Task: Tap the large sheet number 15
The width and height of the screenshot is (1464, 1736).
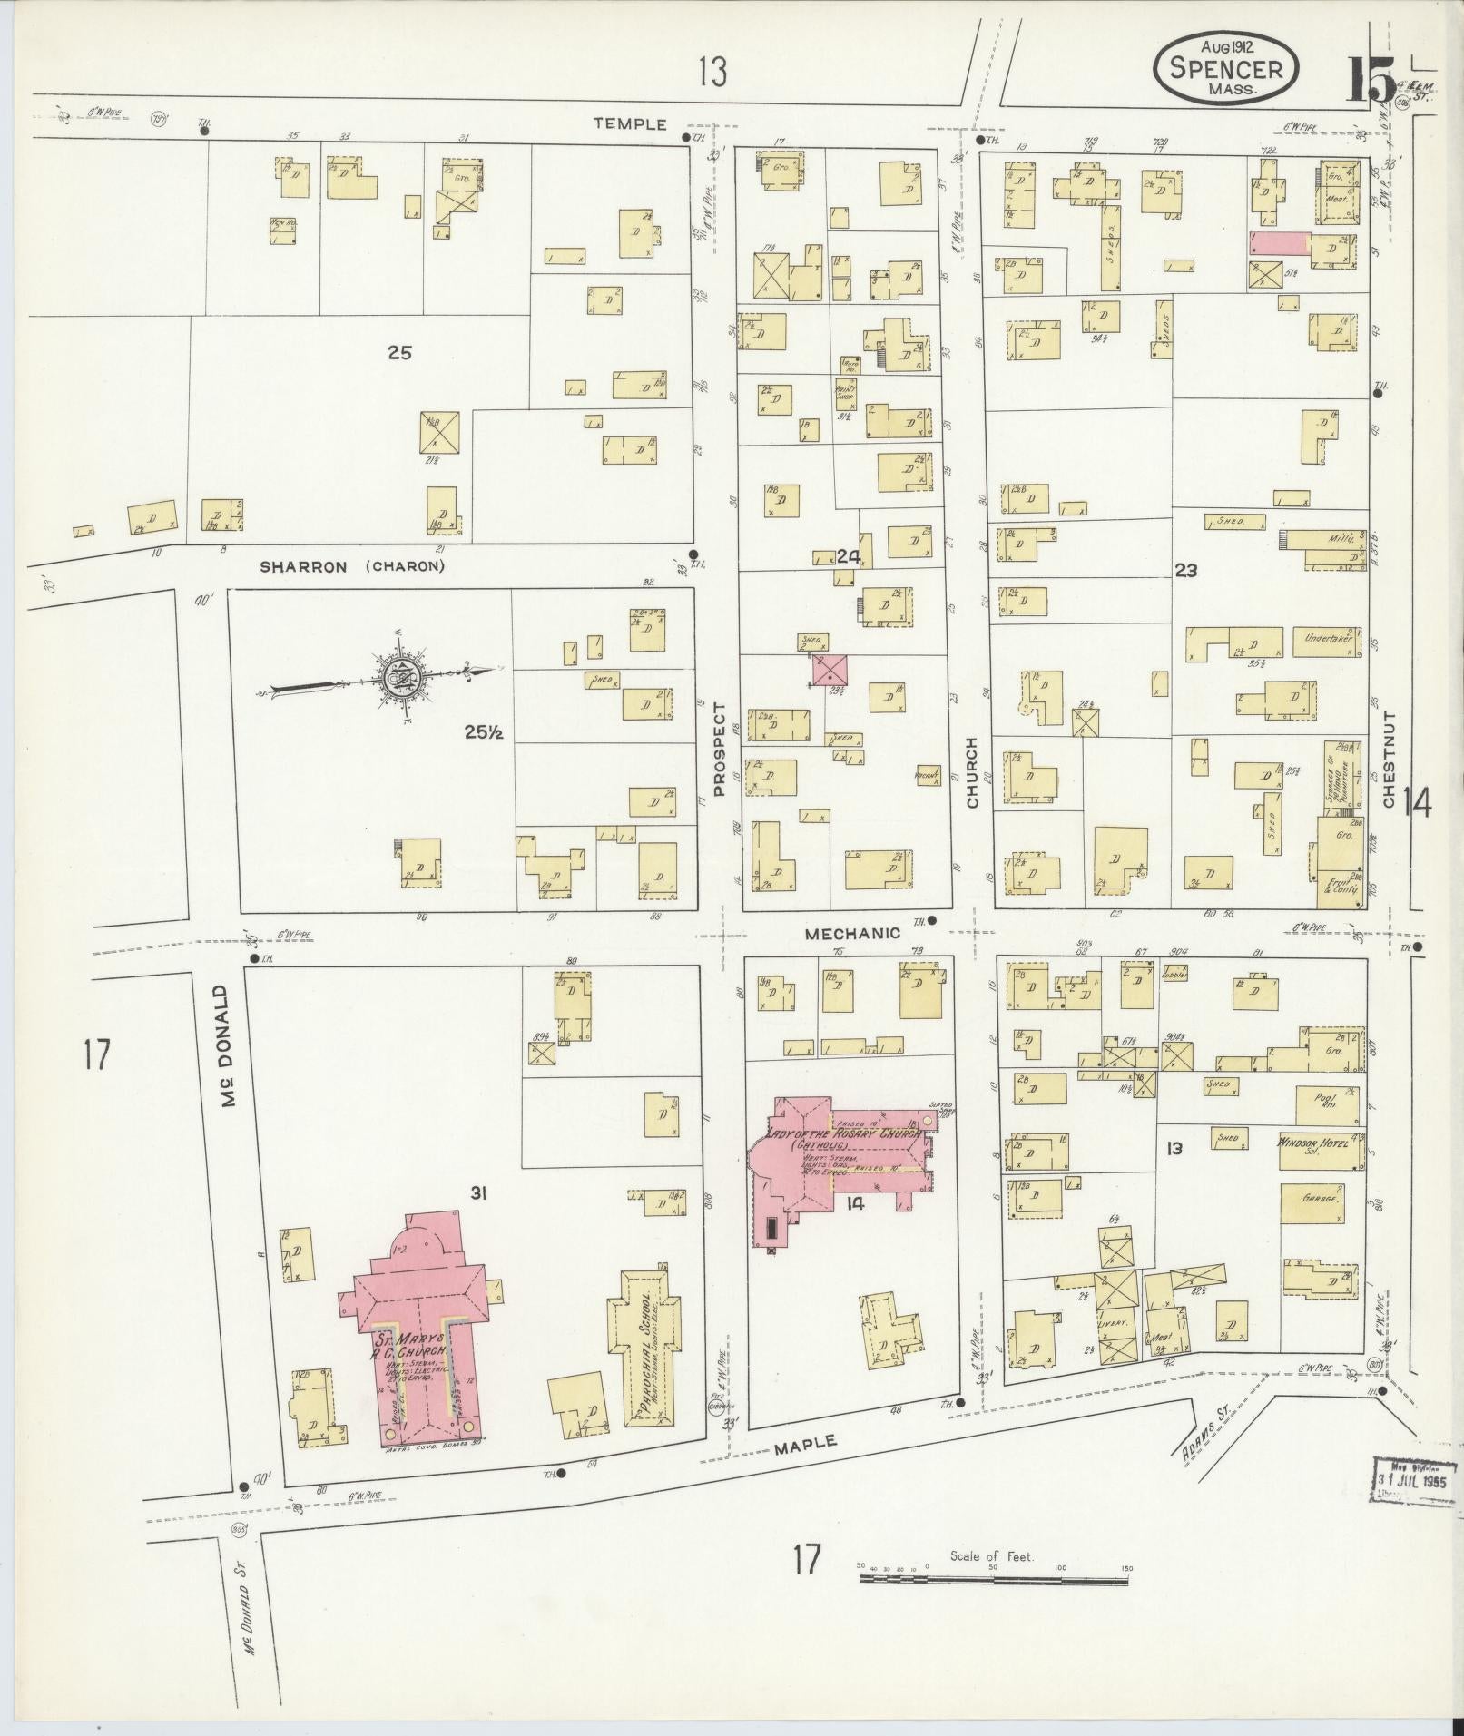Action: click(1371, 80)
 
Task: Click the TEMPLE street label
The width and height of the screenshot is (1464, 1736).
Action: click(630, 124)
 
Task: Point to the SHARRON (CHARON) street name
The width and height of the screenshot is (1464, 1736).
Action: click(352, 567)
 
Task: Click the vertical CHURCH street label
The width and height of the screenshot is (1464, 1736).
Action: click(972, 773)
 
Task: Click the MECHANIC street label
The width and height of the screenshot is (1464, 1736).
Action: click(852, 932)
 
